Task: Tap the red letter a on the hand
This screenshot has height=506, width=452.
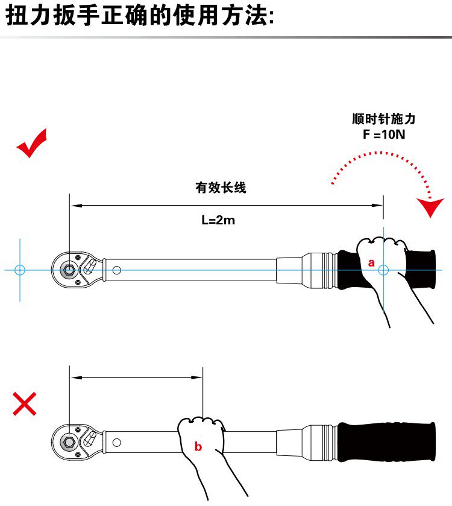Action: [x=371, y=262]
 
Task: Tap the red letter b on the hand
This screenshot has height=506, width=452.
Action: [x=198, y=447]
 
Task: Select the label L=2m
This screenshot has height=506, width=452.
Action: [x=218, y=220]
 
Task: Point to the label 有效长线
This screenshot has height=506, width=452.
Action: [x=221, y=188]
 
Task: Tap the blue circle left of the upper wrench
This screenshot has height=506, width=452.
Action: [x=20, y=270]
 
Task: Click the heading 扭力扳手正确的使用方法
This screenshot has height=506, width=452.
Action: [x=140, y=16]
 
